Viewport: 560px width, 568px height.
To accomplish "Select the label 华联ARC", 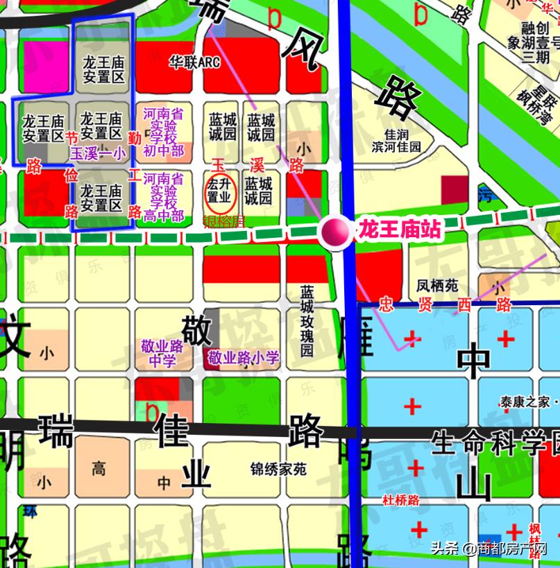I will (194, 62).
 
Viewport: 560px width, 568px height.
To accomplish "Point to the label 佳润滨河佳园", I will (396, 141).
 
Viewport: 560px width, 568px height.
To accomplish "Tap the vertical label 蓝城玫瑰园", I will (307, 320).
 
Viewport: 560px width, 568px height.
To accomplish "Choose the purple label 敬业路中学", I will (162, 352).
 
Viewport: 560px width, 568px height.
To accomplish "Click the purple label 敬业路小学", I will (244, 358).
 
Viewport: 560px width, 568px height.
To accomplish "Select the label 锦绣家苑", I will (278, 470).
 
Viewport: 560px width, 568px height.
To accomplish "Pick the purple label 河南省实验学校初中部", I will (163, 132).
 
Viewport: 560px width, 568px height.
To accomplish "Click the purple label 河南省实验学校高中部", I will (163, 198).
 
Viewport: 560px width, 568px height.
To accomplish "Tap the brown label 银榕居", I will (223, 222).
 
